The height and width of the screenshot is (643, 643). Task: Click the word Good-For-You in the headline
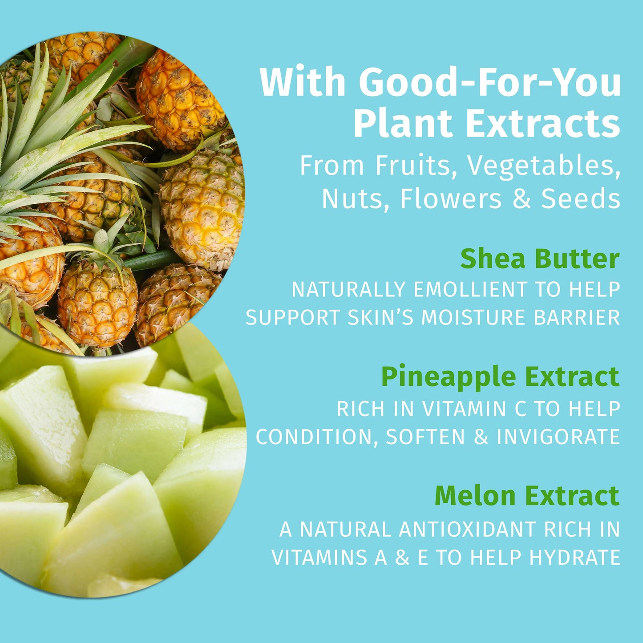tap(489, 82)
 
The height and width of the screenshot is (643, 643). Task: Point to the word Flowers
tap(451, 198)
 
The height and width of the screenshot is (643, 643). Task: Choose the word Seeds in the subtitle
tap(581, 198)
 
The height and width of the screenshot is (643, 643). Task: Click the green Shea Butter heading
tap(540, 259)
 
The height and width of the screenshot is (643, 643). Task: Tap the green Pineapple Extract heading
tap(500, 377)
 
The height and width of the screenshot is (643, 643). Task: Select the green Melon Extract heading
tap(527, 496)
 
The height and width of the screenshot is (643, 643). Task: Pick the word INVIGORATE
tap(558, 437)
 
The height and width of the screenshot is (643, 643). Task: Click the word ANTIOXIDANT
tap(468, 530)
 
